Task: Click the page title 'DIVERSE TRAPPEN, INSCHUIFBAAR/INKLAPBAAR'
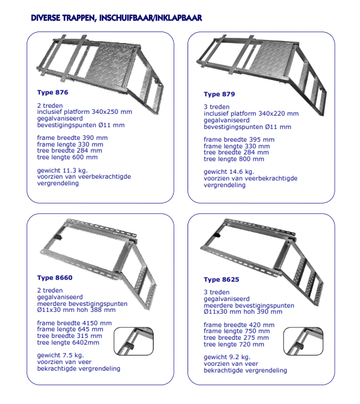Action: pos(116,18)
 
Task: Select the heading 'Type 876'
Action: pos(53,92)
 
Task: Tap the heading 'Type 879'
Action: pos(219,94)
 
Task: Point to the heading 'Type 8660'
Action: pos(55,277)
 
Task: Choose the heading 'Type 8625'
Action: pos(221,279)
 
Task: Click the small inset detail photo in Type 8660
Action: pos(134,341)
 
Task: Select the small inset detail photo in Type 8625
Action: pos(303,341)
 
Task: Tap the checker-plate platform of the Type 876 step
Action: pos(111,62)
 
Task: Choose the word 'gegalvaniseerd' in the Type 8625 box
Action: pos(227,299)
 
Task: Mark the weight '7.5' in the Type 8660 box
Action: pos(68,356)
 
